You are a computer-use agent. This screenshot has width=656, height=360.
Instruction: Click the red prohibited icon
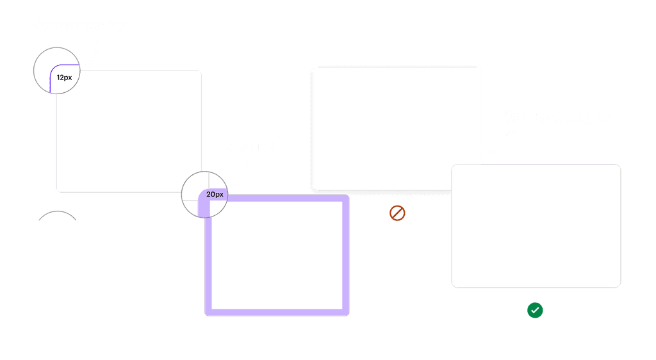tap(397, 213)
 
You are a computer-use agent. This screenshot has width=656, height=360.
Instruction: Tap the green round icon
tap(535, 311)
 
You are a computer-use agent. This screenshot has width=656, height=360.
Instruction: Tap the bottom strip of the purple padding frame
tap(277, 312)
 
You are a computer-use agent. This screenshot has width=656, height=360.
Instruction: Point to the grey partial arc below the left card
tap(58, 213)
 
